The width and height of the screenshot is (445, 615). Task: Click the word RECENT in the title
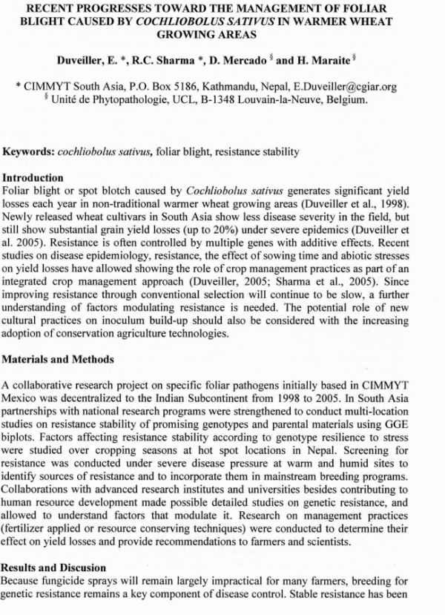pyautogui.click(x=46, y=7)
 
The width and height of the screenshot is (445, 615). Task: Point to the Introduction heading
pyautogui.click(x=33, y=179)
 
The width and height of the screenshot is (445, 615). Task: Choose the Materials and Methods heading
pyautogui.click(x=59, y=359)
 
